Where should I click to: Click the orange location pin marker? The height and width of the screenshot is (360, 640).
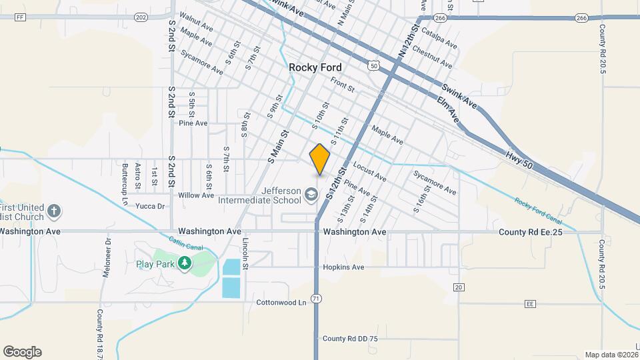[x=320, y=159]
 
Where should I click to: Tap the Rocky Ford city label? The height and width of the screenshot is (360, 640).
[x=315, y=67]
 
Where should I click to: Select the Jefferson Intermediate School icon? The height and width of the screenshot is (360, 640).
[x=311, y=195]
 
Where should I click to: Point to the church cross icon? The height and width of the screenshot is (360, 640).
[x=55, y=212]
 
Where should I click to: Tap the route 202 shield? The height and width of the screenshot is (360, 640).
[x=140, y=17]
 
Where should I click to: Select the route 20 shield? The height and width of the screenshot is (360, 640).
[x=458, y=287]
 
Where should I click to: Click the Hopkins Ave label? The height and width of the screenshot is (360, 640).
[x=343, y=267]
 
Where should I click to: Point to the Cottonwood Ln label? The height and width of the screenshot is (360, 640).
[x=281, y=302]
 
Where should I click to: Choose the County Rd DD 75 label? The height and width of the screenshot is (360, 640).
[x=350, y=339]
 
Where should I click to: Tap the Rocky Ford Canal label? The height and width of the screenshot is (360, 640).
[x=538, y=211]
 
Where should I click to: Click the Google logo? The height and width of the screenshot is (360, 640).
[x=22, y=352]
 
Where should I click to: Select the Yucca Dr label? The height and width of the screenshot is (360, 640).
[x=150, y=206]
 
